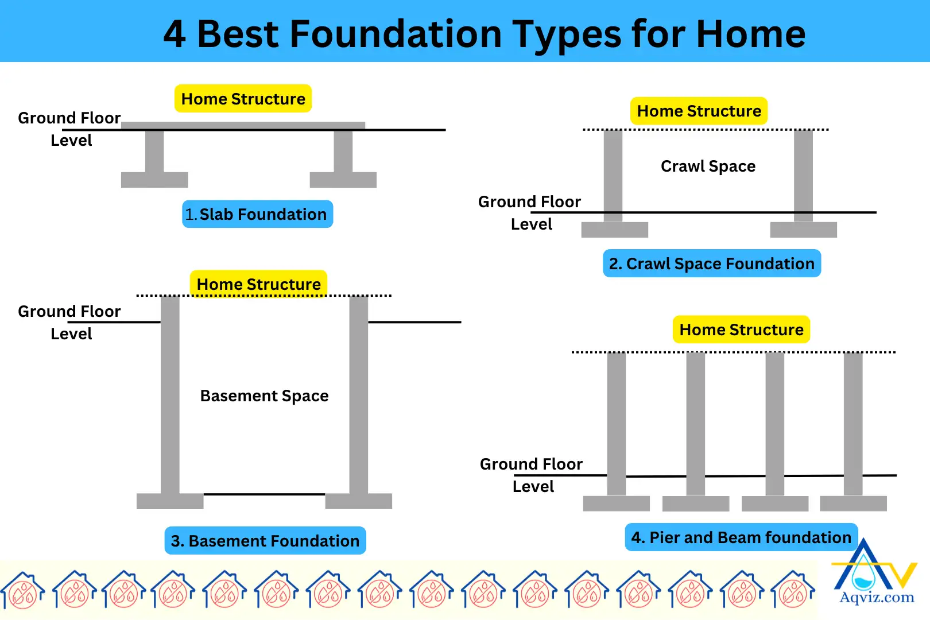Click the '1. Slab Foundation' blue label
click(x=257, y=214)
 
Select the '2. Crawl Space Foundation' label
click(x=711, y=263)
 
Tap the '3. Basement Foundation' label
click(x=265, y=541)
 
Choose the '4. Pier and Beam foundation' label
click(x=741, y=537)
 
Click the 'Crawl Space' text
click(x=708, y=166)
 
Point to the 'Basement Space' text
click(x=264, y=396)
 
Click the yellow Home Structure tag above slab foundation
click(x=243, y=99)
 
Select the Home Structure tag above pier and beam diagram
click(x=741, y=330)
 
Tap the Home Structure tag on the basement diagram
click(x=258, y=284)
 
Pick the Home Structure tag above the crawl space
click(x=699, y=111)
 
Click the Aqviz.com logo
click(x=875, y=574)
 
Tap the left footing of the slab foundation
click(x=154, y=180)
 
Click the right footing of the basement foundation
click(x=358, y=501)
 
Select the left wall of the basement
click(x=170, y=396)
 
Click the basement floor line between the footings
click(x=264, y=494)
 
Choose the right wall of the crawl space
click(x=803, y=175)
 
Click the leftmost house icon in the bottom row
click(x=23, y=590)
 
